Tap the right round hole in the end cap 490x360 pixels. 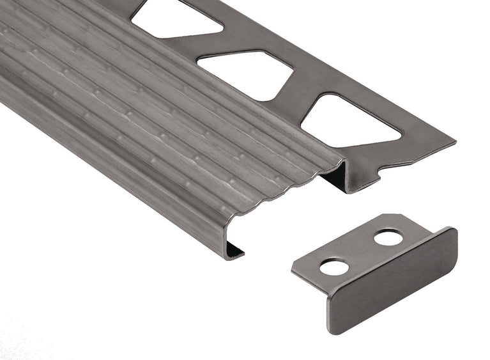pyautogui.click(x=388, y=238)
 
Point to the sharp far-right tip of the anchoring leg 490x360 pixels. pyautogui.click(x=454, y=142)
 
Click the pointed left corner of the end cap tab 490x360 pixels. pyautogui.click(x=293, y=267)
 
